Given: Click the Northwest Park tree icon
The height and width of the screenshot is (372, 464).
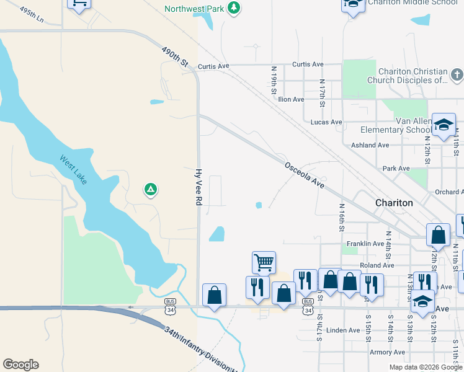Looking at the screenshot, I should [233, 8].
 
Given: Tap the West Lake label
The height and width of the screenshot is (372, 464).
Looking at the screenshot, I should [74, 169].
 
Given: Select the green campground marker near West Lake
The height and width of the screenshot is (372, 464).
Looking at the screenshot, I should [149, 189].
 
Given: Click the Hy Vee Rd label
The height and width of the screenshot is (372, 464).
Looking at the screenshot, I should [199, 187].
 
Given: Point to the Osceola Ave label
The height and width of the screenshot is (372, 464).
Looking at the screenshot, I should [305, 175].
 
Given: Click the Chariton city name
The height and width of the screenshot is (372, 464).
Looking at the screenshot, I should [394, 203].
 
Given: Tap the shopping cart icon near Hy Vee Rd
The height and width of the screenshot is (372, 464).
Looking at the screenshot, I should [264, 262].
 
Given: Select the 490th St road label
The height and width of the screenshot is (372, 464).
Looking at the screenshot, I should [174, 56].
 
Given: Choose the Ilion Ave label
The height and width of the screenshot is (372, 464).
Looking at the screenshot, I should [292, 99].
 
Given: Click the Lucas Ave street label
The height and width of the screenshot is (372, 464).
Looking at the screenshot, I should [326, 122].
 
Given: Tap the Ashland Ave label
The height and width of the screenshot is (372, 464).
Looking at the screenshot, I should [370, 145].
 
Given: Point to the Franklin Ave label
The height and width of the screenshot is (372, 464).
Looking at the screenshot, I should [366, 244].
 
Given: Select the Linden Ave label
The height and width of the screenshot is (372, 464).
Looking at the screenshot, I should [343, 330].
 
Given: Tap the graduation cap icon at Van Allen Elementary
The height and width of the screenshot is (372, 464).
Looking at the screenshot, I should [444, 124].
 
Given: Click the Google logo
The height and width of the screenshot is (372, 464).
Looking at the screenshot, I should [20, 365].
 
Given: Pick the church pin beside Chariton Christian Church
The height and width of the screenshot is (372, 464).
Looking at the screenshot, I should [457, 76].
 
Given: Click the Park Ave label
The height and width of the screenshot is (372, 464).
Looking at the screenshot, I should [396, 169].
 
